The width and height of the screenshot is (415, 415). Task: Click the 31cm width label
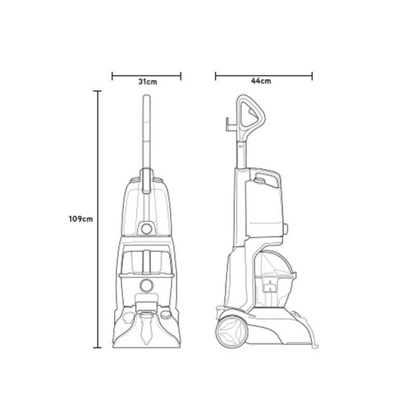point(147,82)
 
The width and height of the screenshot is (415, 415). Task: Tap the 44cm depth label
point(261,81)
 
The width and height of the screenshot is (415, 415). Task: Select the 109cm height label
point(81,219)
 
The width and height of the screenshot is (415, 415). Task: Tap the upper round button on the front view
point(146,229)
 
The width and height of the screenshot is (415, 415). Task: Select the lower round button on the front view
point(146,286)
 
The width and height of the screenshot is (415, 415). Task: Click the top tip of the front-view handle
point(147,95)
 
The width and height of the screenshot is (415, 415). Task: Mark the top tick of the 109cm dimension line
point(98,91)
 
